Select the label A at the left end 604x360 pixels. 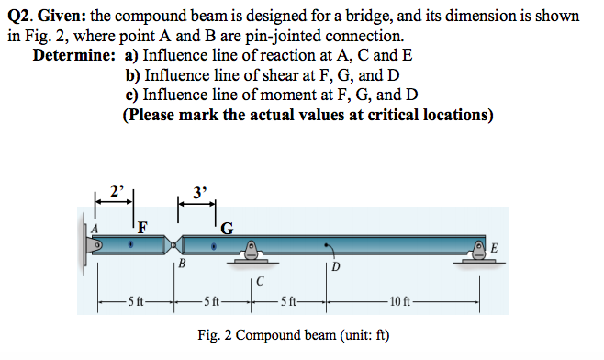point(93,228)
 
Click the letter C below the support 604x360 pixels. point(261,279)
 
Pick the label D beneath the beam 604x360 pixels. point(337,268)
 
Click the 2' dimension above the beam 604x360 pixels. point(117,192)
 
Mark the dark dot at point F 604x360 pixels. point(132,245)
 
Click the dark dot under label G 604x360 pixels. point(214,246)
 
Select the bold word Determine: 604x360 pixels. point(73,56)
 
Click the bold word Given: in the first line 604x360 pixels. point(62,17)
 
